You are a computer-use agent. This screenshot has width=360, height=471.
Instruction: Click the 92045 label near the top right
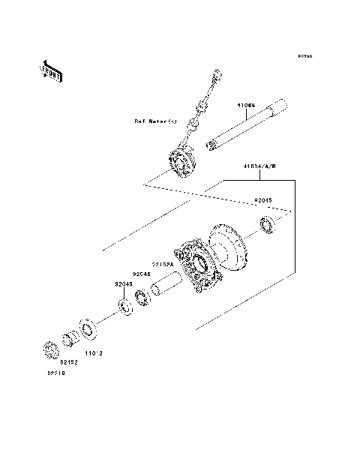(263, 200)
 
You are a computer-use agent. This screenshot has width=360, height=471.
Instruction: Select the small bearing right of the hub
(267, 223)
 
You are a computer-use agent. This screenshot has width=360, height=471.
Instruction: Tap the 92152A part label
(163, 264)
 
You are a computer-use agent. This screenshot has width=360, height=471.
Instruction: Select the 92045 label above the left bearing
(142, 274)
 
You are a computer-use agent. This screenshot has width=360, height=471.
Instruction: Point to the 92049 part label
(123, 284)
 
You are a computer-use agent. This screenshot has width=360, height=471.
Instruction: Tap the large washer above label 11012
(87, 330)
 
